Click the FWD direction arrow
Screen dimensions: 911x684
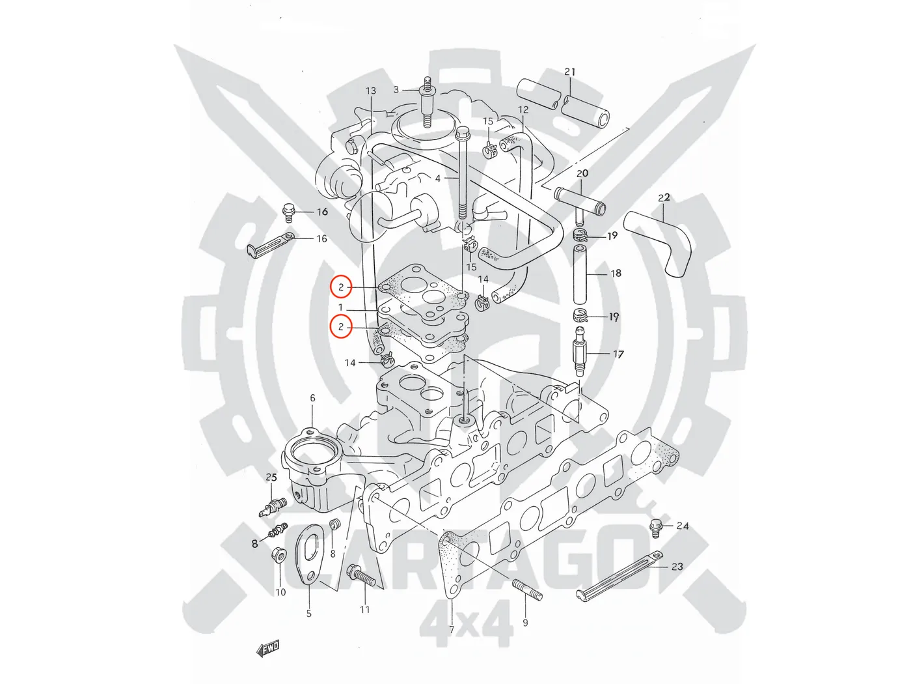[x=268, y=648]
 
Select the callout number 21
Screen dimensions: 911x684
[x=570, y=72]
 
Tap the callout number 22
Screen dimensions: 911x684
[x=664, y=197]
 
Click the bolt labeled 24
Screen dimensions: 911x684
[x=656, y=528]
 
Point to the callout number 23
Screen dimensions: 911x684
[x=677, y=567]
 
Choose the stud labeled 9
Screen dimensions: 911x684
[x=528, y=590]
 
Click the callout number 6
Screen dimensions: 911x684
[x=312, y=398]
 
